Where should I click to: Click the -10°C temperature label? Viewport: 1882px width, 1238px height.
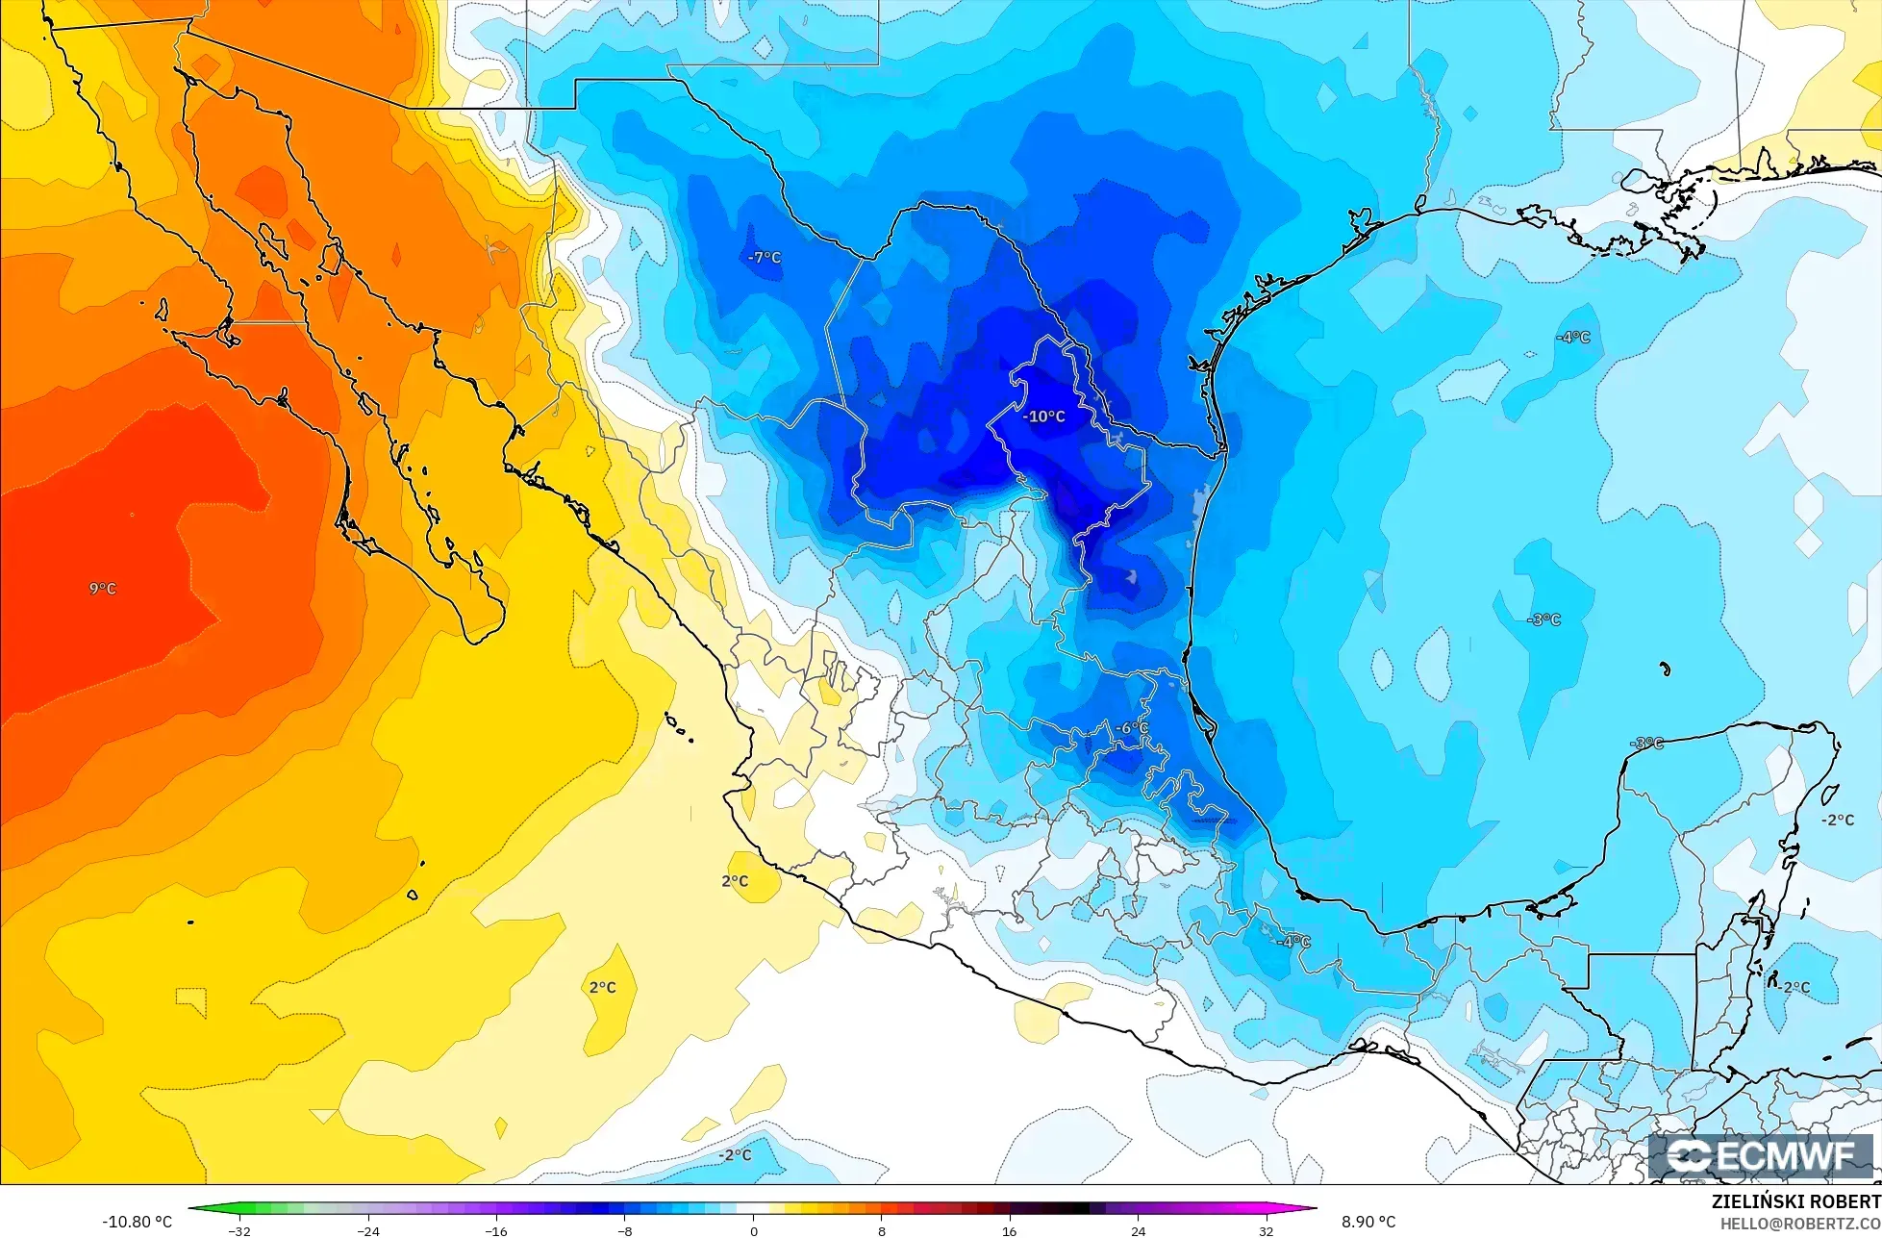coord(1045,417)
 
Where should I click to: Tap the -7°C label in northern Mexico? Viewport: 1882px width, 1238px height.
coord(765,258)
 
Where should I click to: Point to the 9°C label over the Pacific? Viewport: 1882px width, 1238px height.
coord(103,589)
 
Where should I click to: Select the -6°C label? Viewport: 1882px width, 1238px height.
coord(1131,728)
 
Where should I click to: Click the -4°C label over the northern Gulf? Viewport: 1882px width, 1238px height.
coord(1573,337)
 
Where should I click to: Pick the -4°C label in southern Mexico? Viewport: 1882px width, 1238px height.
coord(1293,942)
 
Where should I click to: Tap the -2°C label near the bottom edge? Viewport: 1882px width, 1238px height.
coord(736,1154)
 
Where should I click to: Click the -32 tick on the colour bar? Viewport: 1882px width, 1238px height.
coord(239,1231)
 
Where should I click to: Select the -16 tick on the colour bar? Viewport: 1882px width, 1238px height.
coord(496,1231)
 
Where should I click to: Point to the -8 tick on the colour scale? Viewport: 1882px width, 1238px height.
coord(625,1231)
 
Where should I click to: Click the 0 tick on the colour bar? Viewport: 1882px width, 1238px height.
coord(753,1231)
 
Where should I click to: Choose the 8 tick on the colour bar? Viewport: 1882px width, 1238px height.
coord(881,1231)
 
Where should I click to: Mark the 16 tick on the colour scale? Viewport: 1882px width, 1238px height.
coord(1009,1231)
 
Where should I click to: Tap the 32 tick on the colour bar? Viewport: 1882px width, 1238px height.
coord(1266,1231)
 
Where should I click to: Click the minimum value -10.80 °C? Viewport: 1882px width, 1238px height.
coord(138,1222)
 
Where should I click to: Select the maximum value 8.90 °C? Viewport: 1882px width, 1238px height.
coord(1368,1222)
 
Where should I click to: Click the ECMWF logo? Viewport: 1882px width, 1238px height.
coord(1762,1156)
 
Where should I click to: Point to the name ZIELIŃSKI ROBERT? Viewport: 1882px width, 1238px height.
coord(1795,1202)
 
